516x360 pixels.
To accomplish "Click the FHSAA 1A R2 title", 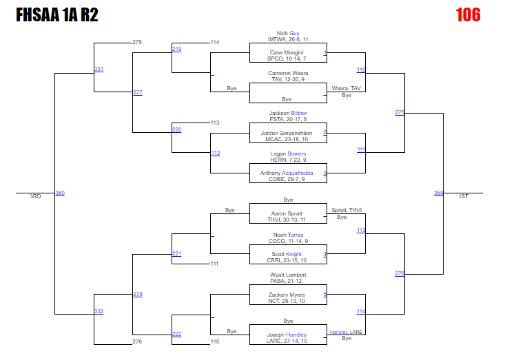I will [x=56, y=15].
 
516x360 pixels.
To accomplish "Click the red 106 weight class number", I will [x=468, y=14].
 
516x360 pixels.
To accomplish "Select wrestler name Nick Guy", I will [x=288, y=33].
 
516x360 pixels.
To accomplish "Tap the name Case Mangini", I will [x=287, y=52].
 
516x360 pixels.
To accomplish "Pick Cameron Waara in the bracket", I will [x=288, y=73].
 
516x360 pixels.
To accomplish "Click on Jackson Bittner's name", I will [x=288, y=113].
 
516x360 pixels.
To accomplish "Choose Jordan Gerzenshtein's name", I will [x=287, y=133].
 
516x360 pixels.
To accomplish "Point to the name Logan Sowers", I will [x=287, y=153].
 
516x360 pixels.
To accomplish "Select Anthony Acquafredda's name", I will [x=287, y=173].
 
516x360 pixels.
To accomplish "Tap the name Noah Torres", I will [x=288, y=235].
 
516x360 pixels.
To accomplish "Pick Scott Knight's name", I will [x=287, y=254].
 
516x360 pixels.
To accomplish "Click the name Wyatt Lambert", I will [x=288, y=275].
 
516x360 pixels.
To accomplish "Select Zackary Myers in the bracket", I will [x=287, y=295].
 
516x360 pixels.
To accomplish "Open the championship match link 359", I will [x=438, y=193].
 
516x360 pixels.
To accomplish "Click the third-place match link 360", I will [x=60, y=193].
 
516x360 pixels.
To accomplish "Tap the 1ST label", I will [x=464, y=197].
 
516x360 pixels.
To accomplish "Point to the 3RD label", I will [x=35, y=197].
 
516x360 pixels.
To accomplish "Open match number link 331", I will [x=99, y=70].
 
